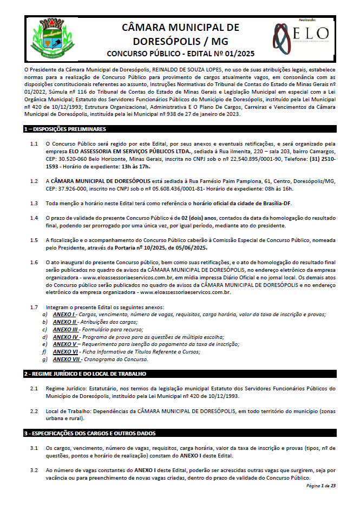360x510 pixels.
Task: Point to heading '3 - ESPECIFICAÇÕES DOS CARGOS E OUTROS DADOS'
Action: coord(89,433)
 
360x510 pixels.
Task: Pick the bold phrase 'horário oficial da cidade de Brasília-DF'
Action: coord(234,203)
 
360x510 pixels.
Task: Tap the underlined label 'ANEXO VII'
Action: coord(66,359)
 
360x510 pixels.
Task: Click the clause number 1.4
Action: coord(34,218)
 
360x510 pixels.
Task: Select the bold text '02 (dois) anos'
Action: coord(198,218)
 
